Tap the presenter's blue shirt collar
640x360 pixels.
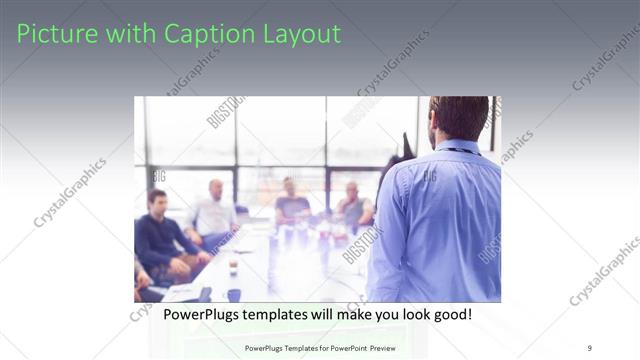[455, 148]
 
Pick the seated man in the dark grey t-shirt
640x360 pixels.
[291, 205]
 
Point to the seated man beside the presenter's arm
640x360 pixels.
[354, 206]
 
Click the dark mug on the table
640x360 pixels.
[232, 294]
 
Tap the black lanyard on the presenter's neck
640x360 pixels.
[462, 151]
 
